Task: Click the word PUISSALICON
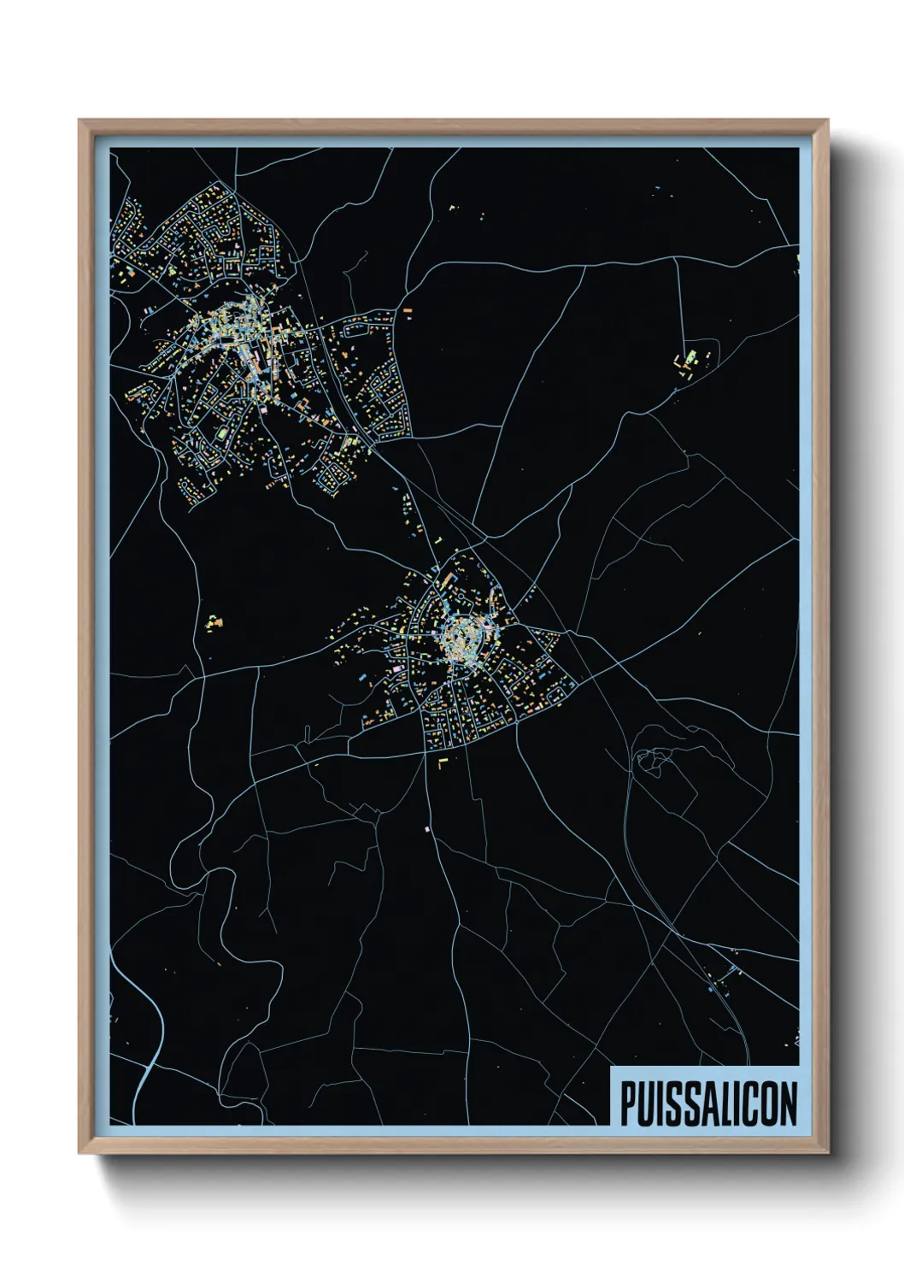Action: (x=708, y=1103)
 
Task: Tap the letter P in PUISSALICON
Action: (x=628, y=1103)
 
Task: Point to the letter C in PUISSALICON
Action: (x=750, y=1103)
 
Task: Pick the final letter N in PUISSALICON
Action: (x=788, y=1103)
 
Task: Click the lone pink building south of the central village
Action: (x=427, y=828)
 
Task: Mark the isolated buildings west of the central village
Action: (x=213, y=621)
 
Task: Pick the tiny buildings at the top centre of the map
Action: (x=453, y=207)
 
